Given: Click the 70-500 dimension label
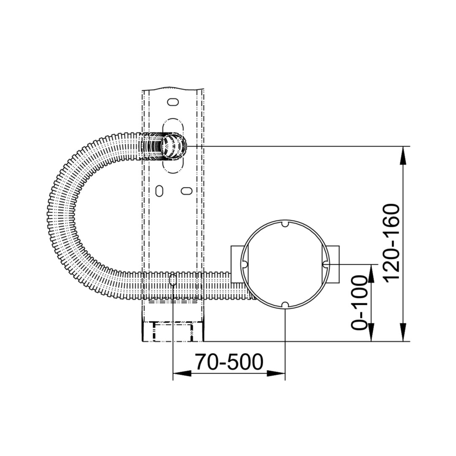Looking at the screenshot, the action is (229, 362).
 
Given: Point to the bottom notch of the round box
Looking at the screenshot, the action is (285, 305).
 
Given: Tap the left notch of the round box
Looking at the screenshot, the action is (244, 264).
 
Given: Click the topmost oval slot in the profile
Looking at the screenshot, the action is (173, 102).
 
